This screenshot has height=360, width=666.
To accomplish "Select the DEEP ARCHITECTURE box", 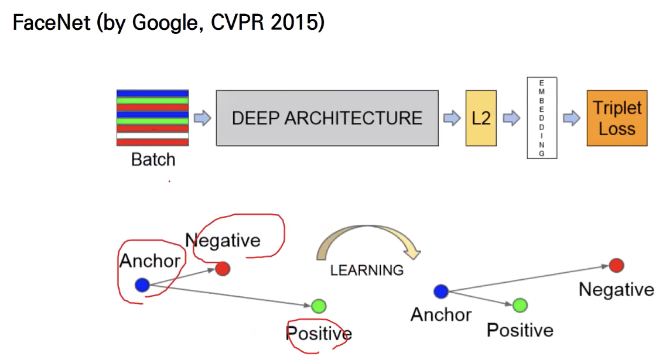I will coord(327,118).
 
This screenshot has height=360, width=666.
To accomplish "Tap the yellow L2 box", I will coord(481,118).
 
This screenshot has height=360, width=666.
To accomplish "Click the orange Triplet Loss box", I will coord(617,118).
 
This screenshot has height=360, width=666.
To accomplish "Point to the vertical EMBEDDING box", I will coord(542,118).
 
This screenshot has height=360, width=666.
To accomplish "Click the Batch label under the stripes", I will coord(153,159).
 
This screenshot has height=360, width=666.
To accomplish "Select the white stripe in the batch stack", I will coord(152,135).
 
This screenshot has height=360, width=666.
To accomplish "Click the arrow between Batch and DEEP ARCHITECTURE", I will coord(202,119).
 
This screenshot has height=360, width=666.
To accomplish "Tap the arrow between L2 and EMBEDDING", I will coord(511,119).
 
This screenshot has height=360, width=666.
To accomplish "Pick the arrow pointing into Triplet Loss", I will coord(571,119).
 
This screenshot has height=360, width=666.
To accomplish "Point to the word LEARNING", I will coord(367,270).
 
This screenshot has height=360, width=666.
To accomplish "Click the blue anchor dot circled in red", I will coord(142,285).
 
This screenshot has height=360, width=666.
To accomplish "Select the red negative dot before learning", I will coord(222,269).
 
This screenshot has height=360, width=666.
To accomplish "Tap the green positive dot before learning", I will coord(319,306).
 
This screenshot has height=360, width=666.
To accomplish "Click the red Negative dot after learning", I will coord(616,266).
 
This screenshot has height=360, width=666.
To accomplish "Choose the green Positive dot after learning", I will coord(520,305).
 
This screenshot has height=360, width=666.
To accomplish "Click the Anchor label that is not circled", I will coord(440,315).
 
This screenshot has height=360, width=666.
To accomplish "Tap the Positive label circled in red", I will coord(319,334).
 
